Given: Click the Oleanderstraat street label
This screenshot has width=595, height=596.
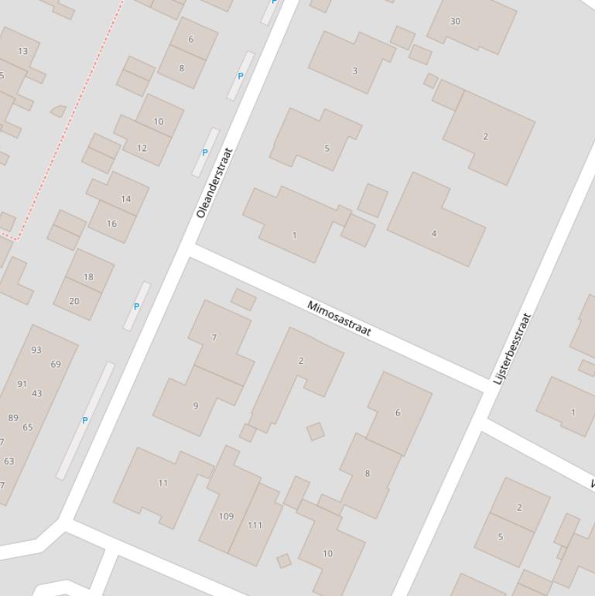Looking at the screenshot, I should point(214,183).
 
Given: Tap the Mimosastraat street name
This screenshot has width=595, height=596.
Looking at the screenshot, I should point(339,318).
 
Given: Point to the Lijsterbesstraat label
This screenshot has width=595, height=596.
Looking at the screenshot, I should point(513,348).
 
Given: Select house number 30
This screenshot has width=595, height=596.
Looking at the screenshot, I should point(455,21).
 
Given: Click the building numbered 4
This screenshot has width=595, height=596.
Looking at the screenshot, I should point(434,233).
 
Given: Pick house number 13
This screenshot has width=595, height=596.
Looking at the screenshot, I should point(22,51).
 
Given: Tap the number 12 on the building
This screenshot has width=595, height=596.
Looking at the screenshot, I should point(142,148).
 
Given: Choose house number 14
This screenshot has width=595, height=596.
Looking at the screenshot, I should point(125,199).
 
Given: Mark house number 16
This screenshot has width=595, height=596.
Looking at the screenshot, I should point(111,224).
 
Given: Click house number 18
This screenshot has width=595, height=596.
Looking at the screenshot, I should point(88,276).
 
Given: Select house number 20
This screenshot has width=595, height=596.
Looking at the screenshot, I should point(74,301).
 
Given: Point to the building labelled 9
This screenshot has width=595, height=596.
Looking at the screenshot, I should point(196,405).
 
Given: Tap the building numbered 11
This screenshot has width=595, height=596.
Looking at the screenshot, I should point(162,483).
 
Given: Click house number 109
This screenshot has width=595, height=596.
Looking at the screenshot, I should point(226,516).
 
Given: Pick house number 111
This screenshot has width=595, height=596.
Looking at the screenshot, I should point(255,525).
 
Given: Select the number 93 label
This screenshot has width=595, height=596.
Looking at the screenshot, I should point(36,350).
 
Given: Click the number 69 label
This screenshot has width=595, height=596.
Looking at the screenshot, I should point(56,364).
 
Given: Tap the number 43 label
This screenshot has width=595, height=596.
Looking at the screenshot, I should point(37,393).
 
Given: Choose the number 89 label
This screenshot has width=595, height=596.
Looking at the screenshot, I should point(13,418).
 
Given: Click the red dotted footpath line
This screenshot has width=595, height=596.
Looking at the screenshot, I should point(70,124).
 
